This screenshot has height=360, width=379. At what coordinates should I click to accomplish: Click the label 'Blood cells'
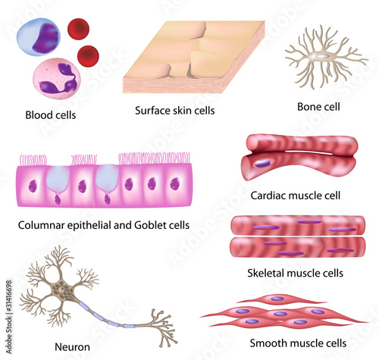coord(51,115)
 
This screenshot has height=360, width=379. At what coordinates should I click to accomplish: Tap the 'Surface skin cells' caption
coord(175,111)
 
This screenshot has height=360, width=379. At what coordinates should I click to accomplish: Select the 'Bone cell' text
coord(318,107)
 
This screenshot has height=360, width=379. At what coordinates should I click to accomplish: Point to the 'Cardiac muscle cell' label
coord(296,196)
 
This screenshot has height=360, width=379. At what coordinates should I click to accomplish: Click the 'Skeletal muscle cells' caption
coord(295,273)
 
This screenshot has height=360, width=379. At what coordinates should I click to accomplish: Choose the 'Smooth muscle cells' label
coord(298,343)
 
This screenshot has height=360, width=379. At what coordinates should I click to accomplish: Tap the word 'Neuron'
coord(72,347)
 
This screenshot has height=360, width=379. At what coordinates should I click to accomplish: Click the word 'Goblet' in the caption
coord(149,225)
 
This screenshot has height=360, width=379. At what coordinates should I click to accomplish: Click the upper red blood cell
coord(78,29)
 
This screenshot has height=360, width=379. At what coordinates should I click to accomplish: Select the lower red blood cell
coord(88,56)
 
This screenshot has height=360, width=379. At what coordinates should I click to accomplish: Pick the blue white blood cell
coord(39,36)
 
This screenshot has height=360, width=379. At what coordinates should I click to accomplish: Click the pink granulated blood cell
coord(57,79)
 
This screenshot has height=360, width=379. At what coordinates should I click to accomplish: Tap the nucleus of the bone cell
coord(321,56)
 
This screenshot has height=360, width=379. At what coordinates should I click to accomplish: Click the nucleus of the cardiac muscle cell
coord(262,163)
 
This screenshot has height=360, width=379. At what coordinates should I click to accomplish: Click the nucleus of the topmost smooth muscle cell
coord(277,299)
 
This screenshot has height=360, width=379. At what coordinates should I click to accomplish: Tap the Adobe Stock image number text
coord(9,317)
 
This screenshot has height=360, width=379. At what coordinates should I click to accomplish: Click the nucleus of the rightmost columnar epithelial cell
coord(175,183)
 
